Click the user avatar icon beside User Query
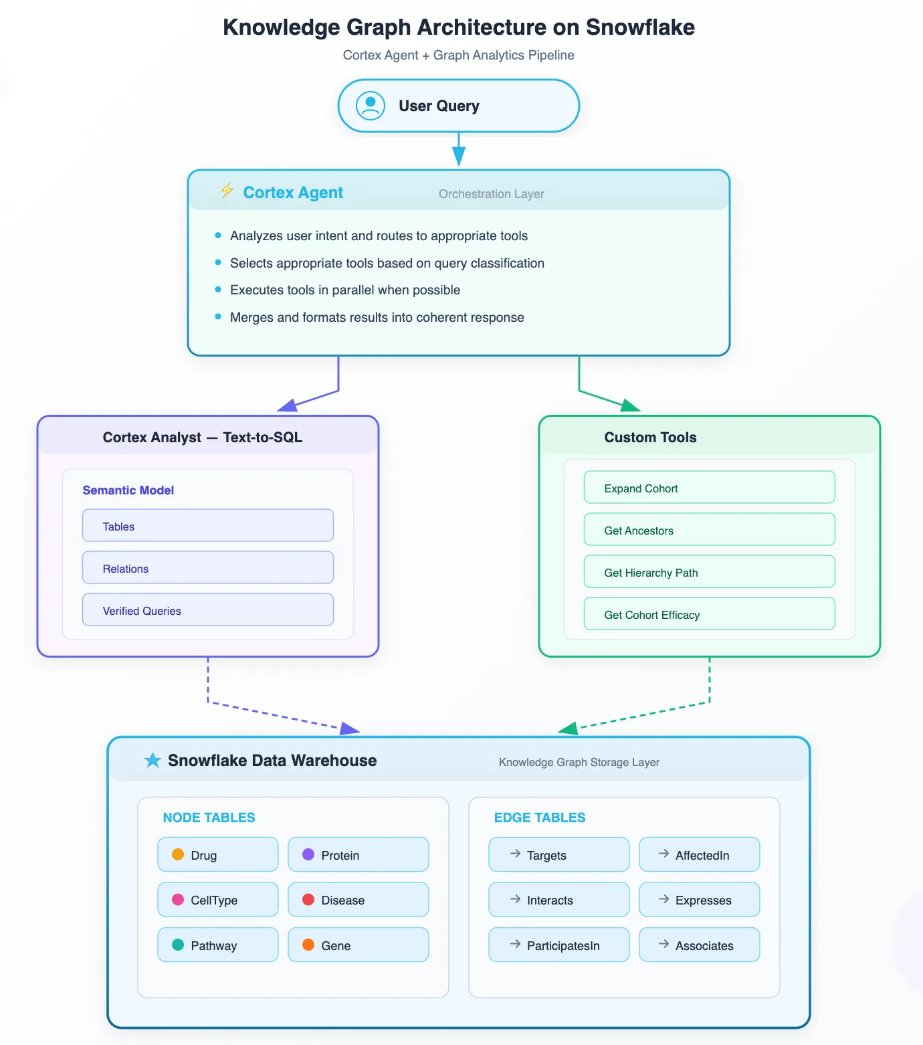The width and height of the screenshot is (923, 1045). click(371, 106)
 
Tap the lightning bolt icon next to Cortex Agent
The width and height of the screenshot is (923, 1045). click(227, 191)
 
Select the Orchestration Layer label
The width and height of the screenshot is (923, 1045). click(492, 194)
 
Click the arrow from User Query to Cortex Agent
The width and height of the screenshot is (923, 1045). click(459, 149)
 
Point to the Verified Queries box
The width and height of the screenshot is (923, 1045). click(208, 609)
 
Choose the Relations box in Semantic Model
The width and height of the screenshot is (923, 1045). click(208, 567)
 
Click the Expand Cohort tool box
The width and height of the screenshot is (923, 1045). click(710, 487)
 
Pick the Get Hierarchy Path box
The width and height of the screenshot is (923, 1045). click(710, 571)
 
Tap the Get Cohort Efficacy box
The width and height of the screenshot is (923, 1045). click(710, 613)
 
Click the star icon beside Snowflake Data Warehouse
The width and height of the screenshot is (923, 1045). click(153, 760)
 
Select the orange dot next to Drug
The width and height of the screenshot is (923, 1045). click(178, 854)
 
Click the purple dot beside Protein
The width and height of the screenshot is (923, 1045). click(308, 854)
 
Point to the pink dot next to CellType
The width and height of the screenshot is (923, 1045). click(178, 899)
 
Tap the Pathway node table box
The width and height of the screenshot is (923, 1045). click(218, 945)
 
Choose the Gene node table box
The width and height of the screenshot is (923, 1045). click(358, 945)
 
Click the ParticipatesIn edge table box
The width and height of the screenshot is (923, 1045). click(559, 945)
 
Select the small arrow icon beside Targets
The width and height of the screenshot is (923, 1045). click(515, 854)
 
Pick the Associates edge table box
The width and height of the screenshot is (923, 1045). click(700, 945)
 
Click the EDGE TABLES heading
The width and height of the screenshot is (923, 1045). click(540, 818)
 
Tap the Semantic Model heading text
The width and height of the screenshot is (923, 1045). click(128, 490)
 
